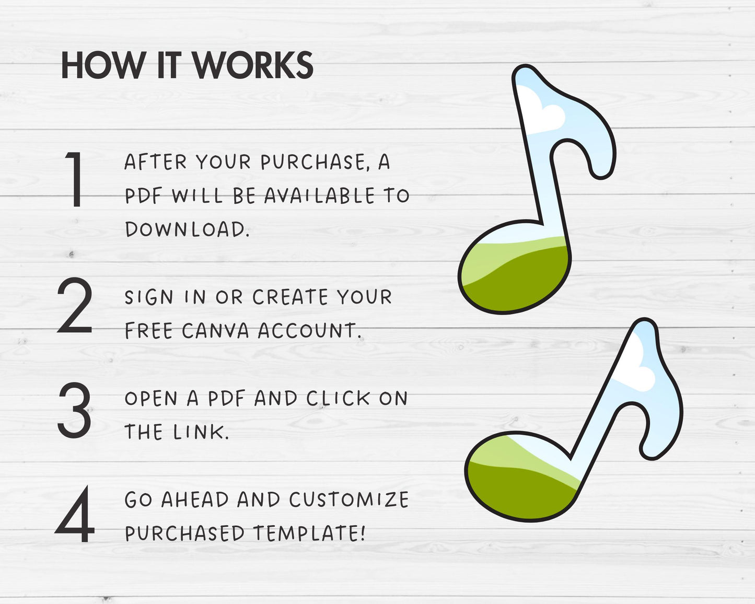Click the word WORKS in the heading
(253, 65)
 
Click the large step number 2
(74, 305)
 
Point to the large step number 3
(74, 410)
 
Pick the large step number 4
(75, 514)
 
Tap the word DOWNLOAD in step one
(187, 229)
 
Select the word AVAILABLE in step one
(320, 195)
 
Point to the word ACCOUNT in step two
(309, 331)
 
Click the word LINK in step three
(201, 432)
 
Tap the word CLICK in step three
(338, 398)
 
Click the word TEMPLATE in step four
(309, 533)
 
